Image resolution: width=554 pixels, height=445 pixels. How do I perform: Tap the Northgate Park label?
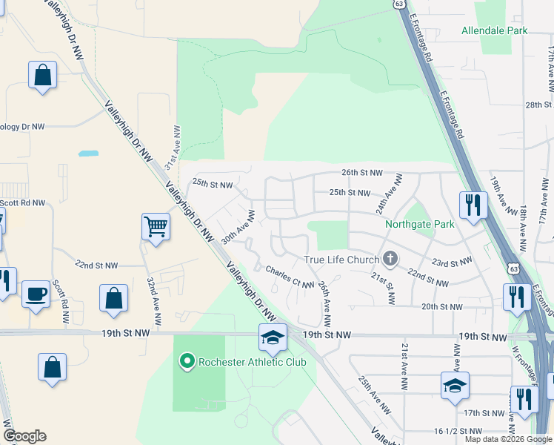[x=418, y=224]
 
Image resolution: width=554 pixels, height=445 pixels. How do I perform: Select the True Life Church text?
[x=341, y=260]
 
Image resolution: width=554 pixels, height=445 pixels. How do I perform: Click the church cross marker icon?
[x=390, y=259]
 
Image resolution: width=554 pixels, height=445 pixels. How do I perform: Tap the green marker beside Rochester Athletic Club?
[x=187, y=362]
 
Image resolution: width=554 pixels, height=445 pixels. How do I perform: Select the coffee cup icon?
[x=36, y=293]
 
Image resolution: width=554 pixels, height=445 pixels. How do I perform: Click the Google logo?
[x=24, y=436]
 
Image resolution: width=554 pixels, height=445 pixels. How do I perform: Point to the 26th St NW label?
[x=361, y=172]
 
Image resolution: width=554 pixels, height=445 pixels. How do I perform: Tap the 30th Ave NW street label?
[x=238, y=227]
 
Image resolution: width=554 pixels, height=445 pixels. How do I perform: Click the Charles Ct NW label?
[x=290, y=278]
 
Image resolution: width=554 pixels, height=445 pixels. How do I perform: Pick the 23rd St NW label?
[x=452, y=262]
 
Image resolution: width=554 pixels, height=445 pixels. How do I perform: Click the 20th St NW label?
[x=441, y=306]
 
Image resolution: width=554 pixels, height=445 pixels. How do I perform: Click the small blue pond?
[x=88, y=154]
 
